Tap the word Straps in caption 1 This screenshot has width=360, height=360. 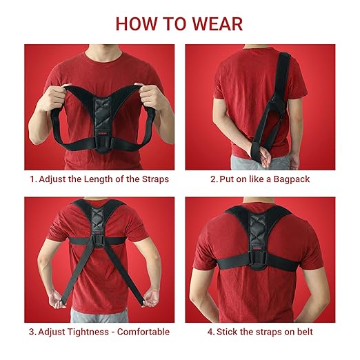(x=153, y=179)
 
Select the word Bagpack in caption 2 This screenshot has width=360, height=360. (x=292, y=179)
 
